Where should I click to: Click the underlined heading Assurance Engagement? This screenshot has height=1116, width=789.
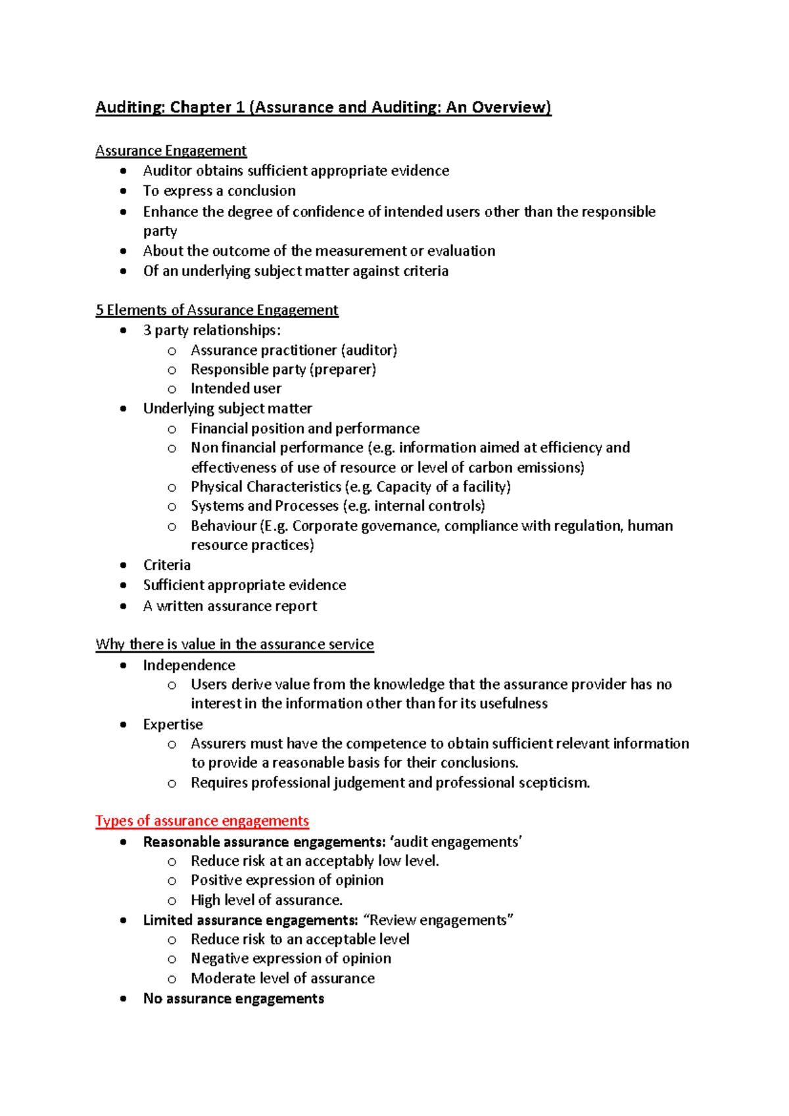click(x=171, y=151)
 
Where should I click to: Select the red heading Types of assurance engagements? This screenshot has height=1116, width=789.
click(x=202, y=821)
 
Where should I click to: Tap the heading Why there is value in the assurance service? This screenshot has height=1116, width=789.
click(x=234, y=644)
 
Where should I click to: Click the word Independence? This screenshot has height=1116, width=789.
click(x=189, y=665)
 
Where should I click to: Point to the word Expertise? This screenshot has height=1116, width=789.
click(x=173, y=724)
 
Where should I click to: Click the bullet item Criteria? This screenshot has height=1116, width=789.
click(x=167, y=565)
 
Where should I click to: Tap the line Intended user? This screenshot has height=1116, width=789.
click(x=235, y=388)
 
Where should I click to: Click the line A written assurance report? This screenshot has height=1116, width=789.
click(x=230, y=606)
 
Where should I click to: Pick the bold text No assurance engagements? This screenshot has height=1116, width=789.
click(x=233, y=998)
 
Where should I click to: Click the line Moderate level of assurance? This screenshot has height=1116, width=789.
click(x=283, y=978)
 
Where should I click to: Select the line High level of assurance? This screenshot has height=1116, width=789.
click(x=266, y=900)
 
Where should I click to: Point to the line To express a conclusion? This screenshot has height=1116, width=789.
click(x=219, y=191)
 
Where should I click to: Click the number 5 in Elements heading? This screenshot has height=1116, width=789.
click(x=99, y=310)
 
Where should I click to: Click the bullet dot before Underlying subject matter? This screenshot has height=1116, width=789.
click(x=124, y=409)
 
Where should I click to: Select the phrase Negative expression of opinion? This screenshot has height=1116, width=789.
click(x=291, y=958)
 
